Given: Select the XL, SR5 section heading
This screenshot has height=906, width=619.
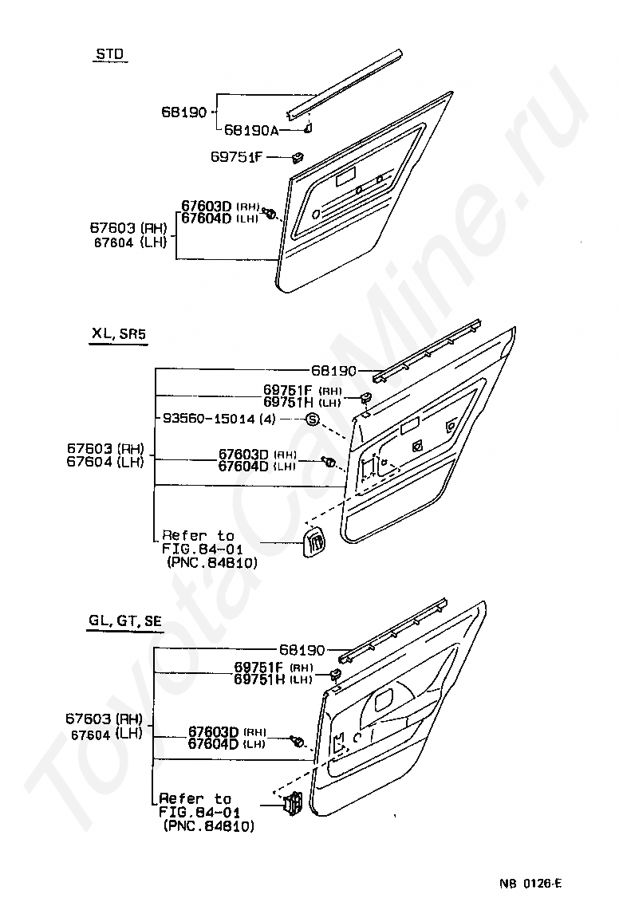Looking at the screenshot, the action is pyautogui.click(x=118, y=336).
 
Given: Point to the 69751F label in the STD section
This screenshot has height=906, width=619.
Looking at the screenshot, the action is pyautogui.click(x=237, y=156).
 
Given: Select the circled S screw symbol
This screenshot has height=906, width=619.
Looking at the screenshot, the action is pyautogui.click(x=312, y=420).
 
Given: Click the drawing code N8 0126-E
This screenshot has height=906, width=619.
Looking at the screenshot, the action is pyautogui.click(x=531, y=882).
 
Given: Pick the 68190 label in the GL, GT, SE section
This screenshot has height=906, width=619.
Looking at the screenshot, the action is pyautogui.click(x=301, y=650).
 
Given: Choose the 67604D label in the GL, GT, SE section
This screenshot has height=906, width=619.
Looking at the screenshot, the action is pyautogui.click(x=213, y=744).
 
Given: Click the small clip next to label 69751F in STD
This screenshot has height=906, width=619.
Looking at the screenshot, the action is pyautogui.click(x=300, y=156).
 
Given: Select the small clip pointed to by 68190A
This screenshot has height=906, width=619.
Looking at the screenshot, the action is pyautogui.click(x=308, y=126).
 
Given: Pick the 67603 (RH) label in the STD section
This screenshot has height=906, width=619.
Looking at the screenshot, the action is pyautogui.click(x=128, y=229).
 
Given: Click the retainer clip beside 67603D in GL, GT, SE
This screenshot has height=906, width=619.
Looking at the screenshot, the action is pyautogui.click(x=298, y=742).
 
